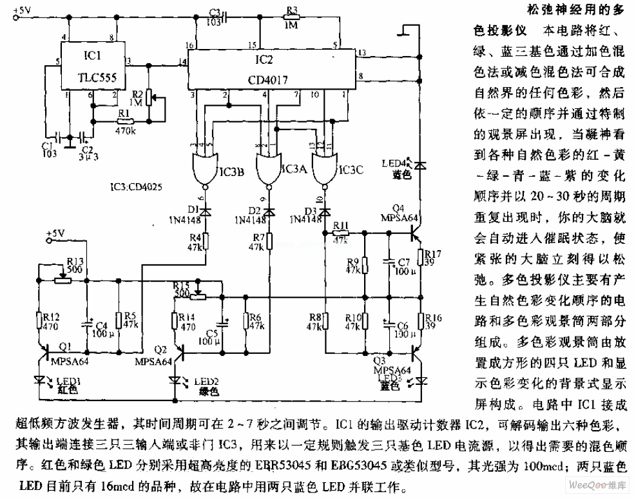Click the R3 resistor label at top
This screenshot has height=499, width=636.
coord(292,10)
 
